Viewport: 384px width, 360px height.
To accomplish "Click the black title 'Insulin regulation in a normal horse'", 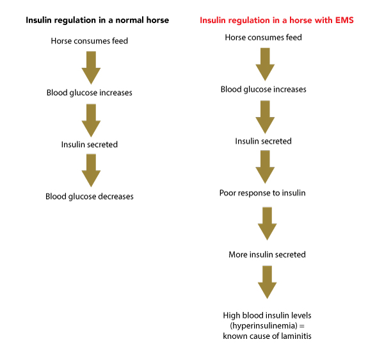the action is (x=97, y=20).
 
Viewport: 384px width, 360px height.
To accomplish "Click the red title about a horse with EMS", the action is (x=276, y=20).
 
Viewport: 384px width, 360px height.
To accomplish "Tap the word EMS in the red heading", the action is (x=344, y=20).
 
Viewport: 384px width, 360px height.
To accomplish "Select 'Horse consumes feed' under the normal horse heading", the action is (x=90, y=41).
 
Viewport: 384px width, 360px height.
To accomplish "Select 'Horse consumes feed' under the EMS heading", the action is (x=263, y=38).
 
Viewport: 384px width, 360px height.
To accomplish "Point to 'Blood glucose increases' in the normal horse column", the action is (x=90, y=93).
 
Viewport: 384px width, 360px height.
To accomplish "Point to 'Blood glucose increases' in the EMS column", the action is (x=264, y=90).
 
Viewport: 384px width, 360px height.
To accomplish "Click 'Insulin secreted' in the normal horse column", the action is (x=90, y=145).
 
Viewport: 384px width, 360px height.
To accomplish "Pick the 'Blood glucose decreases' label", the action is (x=90, y=196).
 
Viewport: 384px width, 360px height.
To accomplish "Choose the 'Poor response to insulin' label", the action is (x=262, y=193).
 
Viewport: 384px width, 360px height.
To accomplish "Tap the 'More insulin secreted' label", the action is (x=267, y=254).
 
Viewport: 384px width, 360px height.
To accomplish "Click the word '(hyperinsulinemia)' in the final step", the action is (x=264, y=326).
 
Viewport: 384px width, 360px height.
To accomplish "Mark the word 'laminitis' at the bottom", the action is (x=296, y=336).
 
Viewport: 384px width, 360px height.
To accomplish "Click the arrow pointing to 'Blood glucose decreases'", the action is (x=91, y=170).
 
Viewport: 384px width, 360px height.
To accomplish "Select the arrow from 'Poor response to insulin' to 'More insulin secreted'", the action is (x=267, y=224).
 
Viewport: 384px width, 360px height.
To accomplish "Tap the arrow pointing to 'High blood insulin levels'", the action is (x=267, y=282).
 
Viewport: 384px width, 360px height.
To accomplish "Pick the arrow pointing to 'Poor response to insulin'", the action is (x=265, y=167).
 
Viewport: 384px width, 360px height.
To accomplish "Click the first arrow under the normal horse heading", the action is (x=91, y=68).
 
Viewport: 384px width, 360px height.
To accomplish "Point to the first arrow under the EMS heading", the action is (x=265, y=65).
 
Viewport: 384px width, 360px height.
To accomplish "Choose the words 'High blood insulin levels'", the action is (x=267, y=315).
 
